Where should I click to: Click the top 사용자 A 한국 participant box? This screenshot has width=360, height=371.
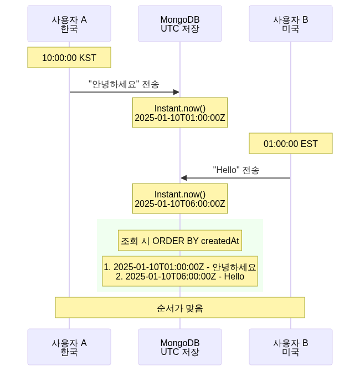[69, 24]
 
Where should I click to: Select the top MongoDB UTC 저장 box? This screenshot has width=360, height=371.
[180, 24]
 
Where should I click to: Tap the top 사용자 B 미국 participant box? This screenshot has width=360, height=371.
[291, 24]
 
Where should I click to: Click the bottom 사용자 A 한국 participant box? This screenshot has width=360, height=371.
[69, 347]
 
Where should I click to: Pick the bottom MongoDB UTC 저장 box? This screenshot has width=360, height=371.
[180, 347]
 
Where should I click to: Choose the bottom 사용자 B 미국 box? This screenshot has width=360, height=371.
[291, 347]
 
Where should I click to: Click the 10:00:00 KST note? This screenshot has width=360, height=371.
[69, 57]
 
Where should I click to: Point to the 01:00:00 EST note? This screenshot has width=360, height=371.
[291, 144]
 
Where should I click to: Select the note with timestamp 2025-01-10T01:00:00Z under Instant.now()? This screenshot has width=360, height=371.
[180, 113]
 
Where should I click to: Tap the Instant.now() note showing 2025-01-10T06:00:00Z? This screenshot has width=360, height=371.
[180, 199]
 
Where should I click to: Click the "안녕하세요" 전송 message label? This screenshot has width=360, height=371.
[124, 84]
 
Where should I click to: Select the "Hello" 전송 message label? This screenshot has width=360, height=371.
[236, 170]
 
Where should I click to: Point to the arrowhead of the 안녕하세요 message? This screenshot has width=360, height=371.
[177, 92]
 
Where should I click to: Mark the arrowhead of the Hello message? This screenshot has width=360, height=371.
[184, 178]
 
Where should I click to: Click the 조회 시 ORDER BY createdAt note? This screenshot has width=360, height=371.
[180, 241]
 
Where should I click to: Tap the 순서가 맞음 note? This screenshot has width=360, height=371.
[180, 308]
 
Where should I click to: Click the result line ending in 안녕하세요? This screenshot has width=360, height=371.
[180, 267]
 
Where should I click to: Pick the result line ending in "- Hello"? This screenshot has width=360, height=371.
[180, 276]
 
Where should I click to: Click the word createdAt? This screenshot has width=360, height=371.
[220, 241]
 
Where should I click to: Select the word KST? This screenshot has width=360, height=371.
[88, 57]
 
